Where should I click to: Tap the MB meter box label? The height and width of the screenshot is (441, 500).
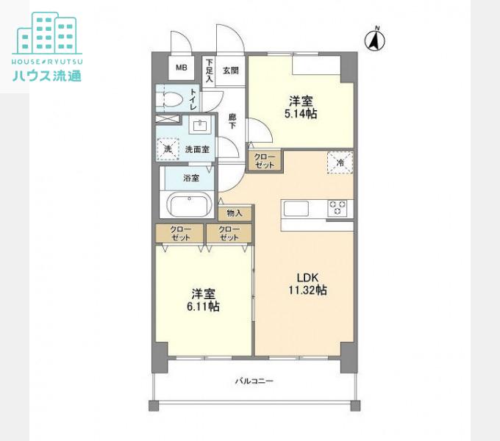[x=182, y=68]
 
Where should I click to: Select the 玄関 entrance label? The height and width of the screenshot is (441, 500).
[x=231, y=71]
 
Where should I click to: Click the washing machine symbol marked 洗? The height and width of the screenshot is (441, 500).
[x=168, y=149]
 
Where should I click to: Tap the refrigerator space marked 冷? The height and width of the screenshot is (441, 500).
[x=340, y=162]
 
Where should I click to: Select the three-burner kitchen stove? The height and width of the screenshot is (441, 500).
[x=337, y=208]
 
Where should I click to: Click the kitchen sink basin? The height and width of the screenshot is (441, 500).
[x=296, y=209]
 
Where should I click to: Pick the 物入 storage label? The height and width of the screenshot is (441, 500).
[x=235, y=213]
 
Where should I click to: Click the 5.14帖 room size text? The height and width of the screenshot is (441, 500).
[x=301, y=113]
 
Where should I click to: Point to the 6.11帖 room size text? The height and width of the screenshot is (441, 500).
[x=203, y=306]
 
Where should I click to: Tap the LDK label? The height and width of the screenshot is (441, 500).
[x=307, y=278]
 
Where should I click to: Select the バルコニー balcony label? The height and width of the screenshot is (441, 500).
[x=254, y=381]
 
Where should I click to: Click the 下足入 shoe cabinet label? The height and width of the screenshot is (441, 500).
[x=209, y=71]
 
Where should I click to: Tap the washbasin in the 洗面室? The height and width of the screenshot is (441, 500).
[x=200, y=125]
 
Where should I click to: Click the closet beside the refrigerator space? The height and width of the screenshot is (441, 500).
[x=265, y=161]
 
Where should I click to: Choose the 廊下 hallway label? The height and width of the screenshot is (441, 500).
[x=232, y=121]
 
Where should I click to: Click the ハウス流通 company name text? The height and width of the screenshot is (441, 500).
[x=47, y=76]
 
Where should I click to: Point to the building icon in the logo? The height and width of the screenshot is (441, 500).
[x=47, y=33]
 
